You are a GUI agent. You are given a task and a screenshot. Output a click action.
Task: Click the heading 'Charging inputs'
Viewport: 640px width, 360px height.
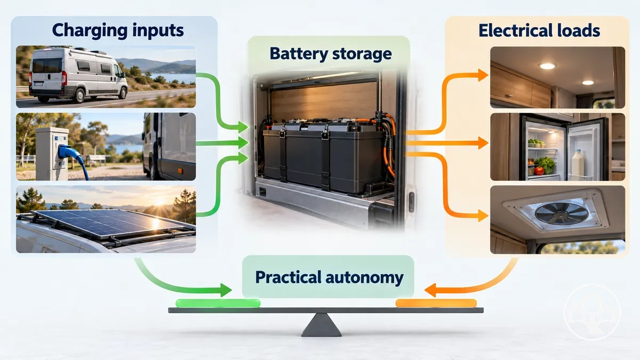click(118, 31)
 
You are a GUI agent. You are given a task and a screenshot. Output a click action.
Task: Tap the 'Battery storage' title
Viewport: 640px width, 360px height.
click(331, 54)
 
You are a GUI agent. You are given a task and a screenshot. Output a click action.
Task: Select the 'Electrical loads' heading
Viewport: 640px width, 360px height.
click(539, 30)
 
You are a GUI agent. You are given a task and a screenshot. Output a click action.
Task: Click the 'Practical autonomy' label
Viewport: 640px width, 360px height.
click(329, 277)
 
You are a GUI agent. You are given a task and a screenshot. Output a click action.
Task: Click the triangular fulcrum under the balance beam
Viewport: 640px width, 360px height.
click(322, 325)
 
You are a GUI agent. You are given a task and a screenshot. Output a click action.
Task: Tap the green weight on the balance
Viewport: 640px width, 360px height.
click(218, 303)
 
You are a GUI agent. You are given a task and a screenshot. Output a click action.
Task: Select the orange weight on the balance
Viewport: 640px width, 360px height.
click(436, 303)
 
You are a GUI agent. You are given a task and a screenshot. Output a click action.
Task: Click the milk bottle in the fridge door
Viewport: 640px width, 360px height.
click(578, 165)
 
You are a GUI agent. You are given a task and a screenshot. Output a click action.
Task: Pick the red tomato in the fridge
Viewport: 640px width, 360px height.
click(539, 171)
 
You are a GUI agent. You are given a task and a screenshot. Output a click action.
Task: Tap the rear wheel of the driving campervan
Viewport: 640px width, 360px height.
click(78, 95)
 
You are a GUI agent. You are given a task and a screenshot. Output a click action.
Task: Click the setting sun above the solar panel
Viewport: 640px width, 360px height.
click(159, 202)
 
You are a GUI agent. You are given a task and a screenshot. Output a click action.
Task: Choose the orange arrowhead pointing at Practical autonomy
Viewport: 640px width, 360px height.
click(430, 290)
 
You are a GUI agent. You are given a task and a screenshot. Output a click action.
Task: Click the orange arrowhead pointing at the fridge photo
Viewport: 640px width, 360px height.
click(483, 143)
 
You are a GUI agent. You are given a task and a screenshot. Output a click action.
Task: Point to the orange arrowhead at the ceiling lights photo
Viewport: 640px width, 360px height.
click(483, 75)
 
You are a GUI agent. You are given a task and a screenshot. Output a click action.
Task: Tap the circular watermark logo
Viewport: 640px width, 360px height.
click(592, 313)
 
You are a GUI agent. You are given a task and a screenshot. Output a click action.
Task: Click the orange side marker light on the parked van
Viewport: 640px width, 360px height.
click(180, 171)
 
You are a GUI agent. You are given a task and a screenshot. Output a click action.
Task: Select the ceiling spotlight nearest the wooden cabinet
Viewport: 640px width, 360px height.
click(547, 66)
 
